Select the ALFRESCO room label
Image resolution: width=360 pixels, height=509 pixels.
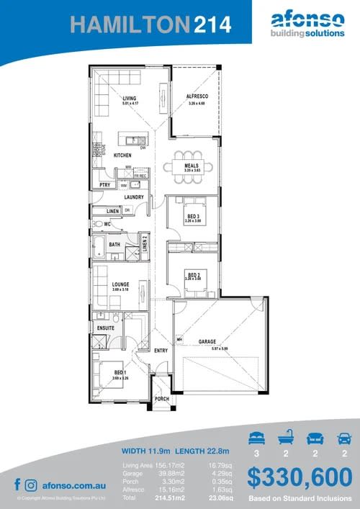[x=197, y=96]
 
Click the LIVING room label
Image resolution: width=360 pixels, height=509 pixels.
[x=129, y=98]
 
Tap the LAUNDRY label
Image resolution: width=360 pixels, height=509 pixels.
[x=134, y=197]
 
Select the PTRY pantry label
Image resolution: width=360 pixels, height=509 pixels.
[x=104, y=184]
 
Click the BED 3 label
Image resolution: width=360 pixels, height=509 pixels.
[x=192, y=216]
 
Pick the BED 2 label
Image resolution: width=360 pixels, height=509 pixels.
[x=193, y=274]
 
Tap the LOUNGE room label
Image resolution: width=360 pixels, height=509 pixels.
[x=120, y=284]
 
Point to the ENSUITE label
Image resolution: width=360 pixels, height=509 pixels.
[x=106, y=328]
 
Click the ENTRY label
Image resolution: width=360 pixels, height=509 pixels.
[x=161, y=350]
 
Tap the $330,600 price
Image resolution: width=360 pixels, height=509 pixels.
[x=300, y=477]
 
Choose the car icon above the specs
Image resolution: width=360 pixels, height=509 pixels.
[x=344, y=437]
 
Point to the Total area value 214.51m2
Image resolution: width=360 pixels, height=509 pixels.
[x=170, y=497]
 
